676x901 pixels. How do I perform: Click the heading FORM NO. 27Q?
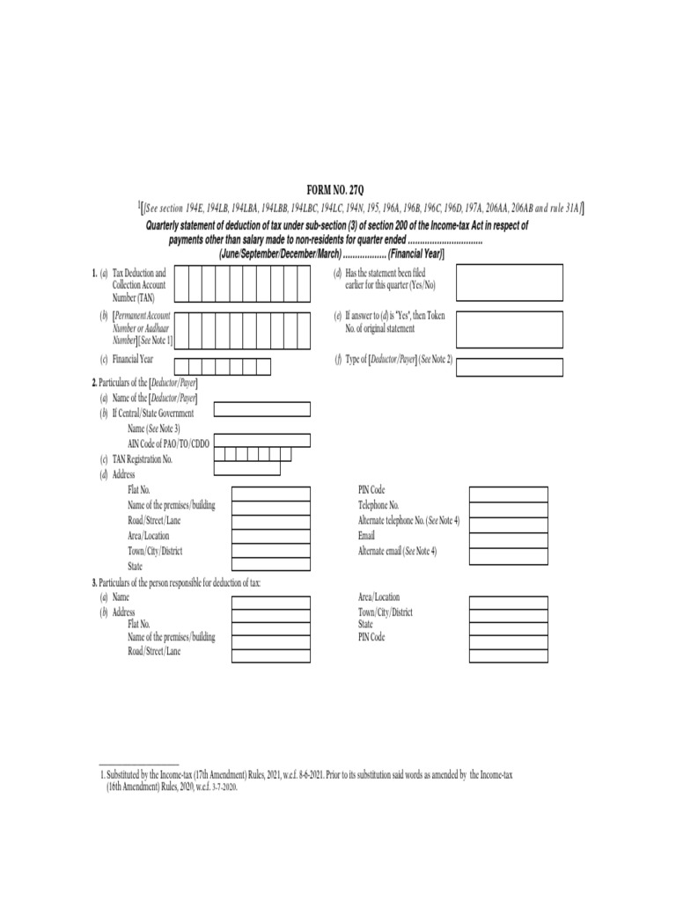(x=338, y=191)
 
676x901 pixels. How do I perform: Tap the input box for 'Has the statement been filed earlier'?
(x=509, y=282)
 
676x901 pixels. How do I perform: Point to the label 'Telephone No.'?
(x=378, y=505)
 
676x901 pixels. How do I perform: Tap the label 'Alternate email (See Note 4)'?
(x=397, y=550)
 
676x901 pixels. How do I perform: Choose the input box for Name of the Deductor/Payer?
(x=261, y=408)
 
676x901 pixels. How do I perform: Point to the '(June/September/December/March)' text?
(x=280, y=253)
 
